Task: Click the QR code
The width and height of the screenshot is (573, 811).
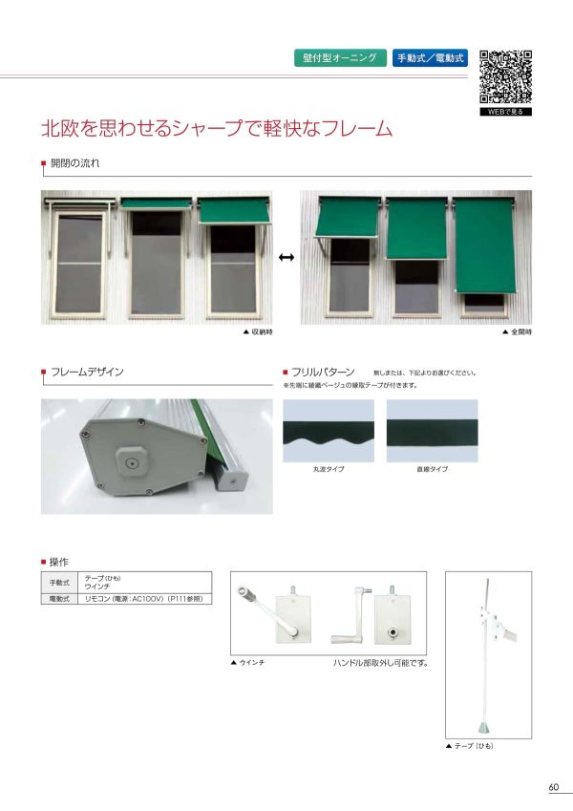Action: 505,75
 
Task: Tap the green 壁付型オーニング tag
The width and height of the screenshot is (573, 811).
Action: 341,58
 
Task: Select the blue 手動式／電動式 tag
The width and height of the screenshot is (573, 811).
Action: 430,58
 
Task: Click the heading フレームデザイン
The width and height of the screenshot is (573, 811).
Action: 87,371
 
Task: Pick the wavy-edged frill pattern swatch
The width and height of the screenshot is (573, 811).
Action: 329,431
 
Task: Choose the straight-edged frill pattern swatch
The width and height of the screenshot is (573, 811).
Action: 432,431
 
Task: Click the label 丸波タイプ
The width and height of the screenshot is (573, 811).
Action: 329,470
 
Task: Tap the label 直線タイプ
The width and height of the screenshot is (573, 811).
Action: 432,470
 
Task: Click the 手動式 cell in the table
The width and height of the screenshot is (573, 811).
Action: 60,583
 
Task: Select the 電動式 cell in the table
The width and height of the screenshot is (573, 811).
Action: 60,598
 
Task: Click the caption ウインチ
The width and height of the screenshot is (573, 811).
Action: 250,662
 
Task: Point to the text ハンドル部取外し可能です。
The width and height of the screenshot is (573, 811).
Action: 379,662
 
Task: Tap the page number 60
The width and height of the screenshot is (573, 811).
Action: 553,787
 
